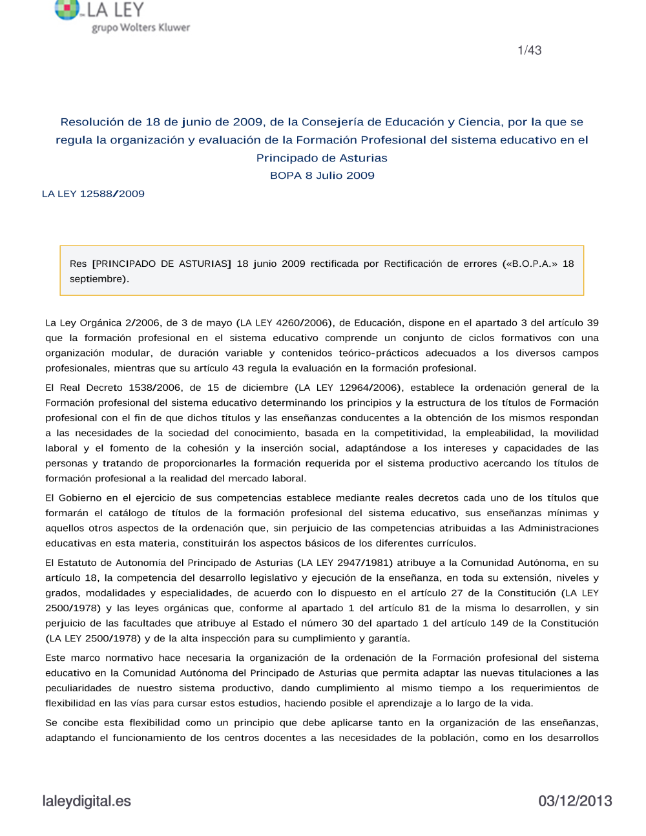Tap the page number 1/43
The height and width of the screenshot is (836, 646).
tap(529, 50)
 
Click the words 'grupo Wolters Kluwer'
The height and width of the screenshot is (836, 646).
tap(141, 28)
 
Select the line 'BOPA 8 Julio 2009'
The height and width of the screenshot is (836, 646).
tap(322, 176)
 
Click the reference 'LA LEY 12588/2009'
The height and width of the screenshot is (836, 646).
tap(93, 194)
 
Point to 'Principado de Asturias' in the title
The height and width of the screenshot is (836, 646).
tap(322, 158)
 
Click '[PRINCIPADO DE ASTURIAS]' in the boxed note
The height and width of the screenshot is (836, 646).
tap(161, 264)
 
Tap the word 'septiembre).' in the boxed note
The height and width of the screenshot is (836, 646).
tap(99, 279)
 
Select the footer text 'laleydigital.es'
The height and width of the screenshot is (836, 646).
tap(87, 801)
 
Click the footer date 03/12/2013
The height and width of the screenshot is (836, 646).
tap(575, 801)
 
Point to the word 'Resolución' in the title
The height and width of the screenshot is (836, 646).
tap(92, 122)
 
